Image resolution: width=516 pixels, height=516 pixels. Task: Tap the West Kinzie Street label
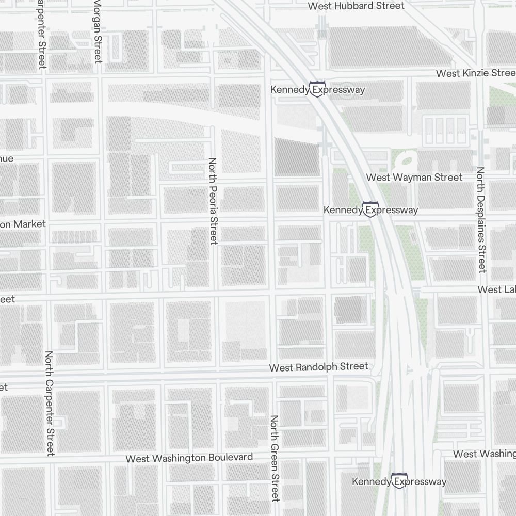(x=475, y=73)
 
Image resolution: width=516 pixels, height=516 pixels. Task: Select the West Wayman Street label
(x=414, y=178)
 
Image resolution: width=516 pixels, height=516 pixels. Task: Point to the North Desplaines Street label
(x=481, y=219)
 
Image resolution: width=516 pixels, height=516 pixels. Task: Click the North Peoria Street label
(x=213, y=201)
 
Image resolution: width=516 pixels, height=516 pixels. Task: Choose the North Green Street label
(x=275, y=458)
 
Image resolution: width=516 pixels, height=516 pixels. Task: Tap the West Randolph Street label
(x=319, y=367)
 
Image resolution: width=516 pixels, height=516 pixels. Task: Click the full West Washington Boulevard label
(x=189, y=458)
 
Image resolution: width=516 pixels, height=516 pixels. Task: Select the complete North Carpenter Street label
(x=50, y=404)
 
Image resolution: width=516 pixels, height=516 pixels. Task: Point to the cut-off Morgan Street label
(x=97, y=31)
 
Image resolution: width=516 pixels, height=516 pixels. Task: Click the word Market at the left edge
(x=29, y=224)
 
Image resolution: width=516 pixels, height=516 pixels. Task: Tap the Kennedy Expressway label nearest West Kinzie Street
(x=317, y=90)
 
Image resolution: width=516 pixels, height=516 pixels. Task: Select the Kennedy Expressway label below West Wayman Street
(x=370, y=210)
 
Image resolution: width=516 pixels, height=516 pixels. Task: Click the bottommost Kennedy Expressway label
(x=399, y=481)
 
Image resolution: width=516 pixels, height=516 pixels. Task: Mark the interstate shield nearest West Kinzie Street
(x=317, y=89)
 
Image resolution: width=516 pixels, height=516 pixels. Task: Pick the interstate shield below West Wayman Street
(x=369, y=209)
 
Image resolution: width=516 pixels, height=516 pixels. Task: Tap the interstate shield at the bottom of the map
(x=398, y=481)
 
